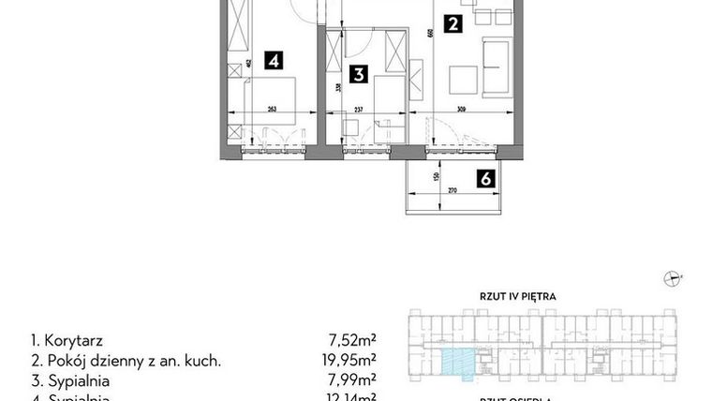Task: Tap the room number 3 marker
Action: pos(357,73)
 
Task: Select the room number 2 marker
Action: pos(452,25)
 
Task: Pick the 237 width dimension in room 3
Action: pos(359,108)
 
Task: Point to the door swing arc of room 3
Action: pos(356,39)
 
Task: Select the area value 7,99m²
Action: pos(355,380)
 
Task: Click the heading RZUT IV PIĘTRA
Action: pos(518,296)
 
